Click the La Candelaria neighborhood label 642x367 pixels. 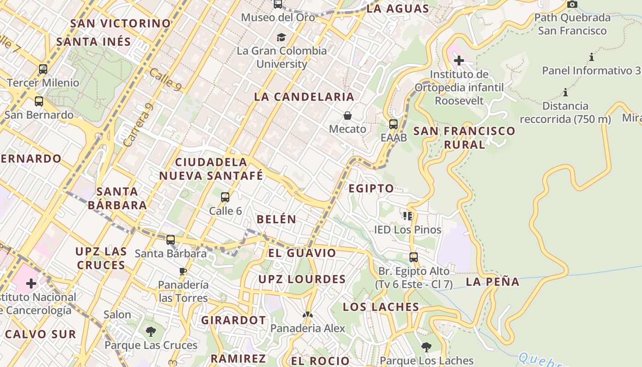[x=304, y=97]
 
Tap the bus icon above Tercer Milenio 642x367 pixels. [x=43, y=69]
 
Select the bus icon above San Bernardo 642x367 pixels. [x=39, y=101]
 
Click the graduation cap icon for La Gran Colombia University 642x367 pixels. [x=281, y=37]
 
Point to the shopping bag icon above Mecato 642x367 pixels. [x=348, y=116]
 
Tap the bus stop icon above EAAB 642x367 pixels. [x=393, y=124]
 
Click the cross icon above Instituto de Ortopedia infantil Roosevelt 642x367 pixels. [x=459, y=60]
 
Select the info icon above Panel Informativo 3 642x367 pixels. [x=592, y=57]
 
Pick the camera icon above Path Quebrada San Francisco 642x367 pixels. [x=572, y=5]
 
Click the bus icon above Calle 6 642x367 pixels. [x=225, y=197]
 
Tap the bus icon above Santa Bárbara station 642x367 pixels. [x=171, y=239]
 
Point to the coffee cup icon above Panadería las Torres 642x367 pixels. [x=183, y=271]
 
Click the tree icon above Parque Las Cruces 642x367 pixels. [x=150, y=331]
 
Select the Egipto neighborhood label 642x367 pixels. [x=371, y=188]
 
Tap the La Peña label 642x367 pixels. [x=493, y=282]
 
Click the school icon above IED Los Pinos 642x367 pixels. [x=408, y=216]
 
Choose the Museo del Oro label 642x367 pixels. [x=278, y=17]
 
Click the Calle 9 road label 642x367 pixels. [x=166, y=79]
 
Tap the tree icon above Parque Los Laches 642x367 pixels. [x=426, y=347]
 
